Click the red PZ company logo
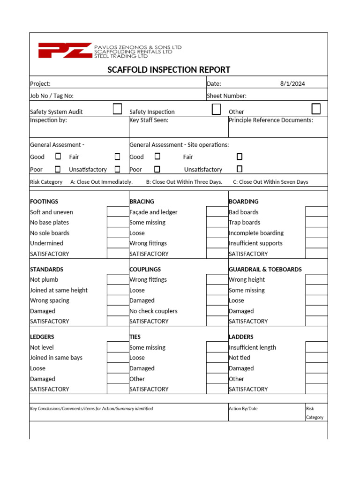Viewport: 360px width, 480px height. click(x=65, y=50)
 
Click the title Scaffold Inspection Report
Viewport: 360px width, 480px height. click(x=169, y=70)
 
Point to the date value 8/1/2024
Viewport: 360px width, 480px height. click(x=292, y=83)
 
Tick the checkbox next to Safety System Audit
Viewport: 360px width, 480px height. click(x=118, y=109)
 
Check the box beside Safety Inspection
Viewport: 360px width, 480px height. click(x=216, y=109)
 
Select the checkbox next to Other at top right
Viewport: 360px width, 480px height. click(x=316, y=109)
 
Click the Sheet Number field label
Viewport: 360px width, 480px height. click(x=226, y=96)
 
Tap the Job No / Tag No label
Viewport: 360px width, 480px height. click(x=52, y=96)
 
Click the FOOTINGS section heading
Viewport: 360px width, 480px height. click(x=44, y=202)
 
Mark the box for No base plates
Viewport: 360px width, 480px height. click(x=118, y=222)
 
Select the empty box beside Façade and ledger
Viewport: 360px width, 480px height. click(x=217, y=212)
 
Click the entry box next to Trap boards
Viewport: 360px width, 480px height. click(x=316, y=222)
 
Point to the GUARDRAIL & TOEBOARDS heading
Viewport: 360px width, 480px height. click(x=265, y=270)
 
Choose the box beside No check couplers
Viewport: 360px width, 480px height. click(x=217, y=311)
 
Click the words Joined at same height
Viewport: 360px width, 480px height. click(x=59, y=290)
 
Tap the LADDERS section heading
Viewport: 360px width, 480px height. click(x=241, y=337)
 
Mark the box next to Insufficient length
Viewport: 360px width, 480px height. click(x=316, y=347)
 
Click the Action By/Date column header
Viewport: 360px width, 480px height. click(x=243, y=409)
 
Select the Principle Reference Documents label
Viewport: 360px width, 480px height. click(x=270, y=120)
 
